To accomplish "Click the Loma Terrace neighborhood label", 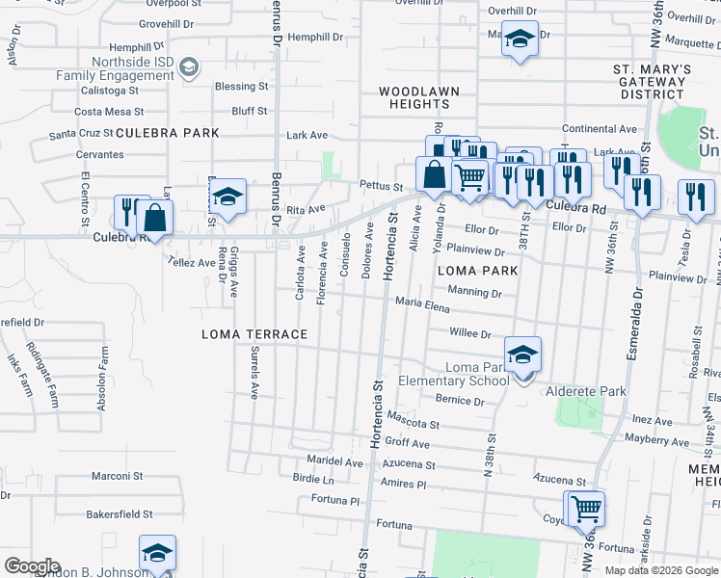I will [x=254, y=334].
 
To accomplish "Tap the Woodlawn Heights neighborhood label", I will [x=418, y=99].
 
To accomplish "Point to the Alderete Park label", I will [x=586, y=391].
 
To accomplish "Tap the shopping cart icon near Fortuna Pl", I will [x=585, y=508].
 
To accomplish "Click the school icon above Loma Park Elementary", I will [x=521, y=355].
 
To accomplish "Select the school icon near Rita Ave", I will [x=227, y=197].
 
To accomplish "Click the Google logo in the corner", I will [x=32, y=566].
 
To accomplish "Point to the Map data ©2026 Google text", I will [x=660, y=570].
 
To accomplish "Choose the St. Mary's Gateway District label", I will [x=653, y=82].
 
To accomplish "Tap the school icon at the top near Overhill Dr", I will [x=520, y=39].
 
